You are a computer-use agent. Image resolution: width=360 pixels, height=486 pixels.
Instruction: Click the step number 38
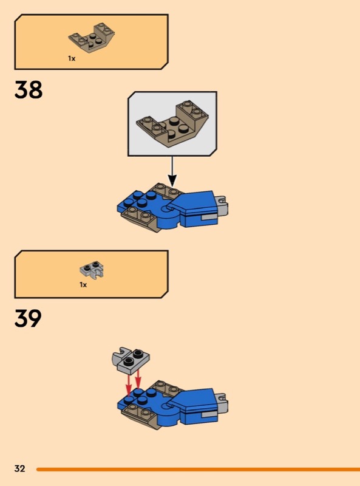point(28,90)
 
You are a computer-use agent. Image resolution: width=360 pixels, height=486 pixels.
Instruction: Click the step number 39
point(28,318)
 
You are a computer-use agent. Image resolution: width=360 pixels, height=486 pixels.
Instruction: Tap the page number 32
point(19,468)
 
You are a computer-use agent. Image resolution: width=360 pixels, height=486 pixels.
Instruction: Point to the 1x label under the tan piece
point(72,58)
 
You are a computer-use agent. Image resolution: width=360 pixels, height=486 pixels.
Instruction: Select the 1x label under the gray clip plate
point(83,284)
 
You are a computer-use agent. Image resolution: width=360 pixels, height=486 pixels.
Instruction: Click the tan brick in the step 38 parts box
point(92,38)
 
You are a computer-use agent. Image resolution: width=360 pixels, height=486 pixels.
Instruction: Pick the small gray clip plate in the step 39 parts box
point(92,269)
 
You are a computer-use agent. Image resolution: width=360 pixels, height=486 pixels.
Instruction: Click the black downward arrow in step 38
point(172,171)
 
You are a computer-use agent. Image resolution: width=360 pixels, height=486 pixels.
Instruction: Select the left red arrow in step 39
point(129,385)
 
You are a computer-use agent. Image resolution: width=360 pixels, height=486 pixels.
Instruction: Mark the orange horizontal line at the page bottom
point(199,470)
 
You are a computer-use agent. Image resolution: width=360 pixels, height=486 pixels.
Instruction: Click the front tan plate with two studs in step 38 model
point(138,217)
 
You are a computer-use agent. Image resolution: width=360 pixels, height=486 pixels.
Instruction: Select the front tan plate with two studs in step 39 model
point(138,414)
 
